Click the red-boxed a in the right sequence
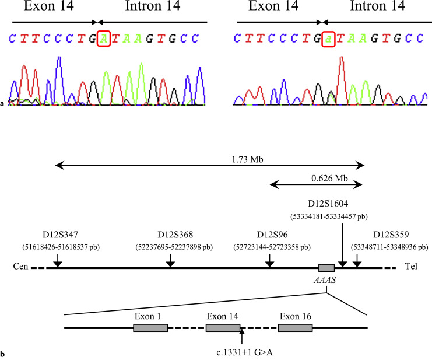(328, 39)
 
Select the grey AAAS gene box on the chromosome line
(326, 268)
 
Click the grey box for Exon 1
(150, 327)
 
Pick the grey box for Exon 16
(295, 327)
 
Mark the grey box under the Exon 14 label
(223, 327)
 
